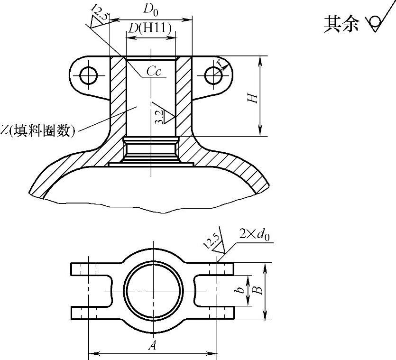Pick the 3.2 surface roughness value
[x=160, y=116]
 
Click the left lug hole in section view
[x=89, y=74]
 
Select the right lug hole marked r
[x=214, y=74]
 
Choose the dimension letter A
[x=152, y=346]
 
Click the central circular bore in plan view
[x=153, y=291]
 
